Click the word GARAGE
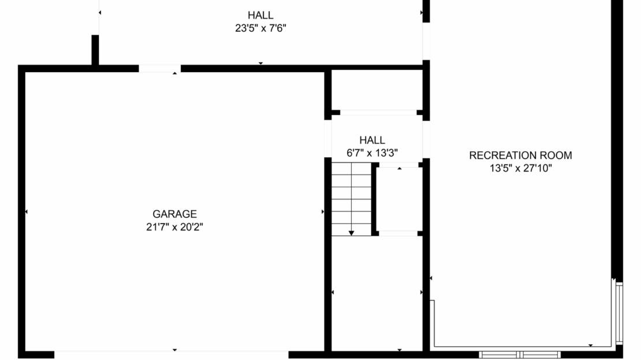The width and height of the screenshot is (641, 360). (174, 214)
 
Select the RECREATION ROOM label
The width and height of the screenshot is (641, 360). (520, 155)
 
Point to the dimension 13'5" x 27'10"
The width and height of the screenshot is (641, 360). (520, 168)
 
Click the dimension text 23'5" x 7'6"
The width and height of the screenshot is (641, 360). (260, 28)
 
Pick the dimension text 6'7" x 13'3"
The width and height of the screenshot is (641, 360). (372, 153)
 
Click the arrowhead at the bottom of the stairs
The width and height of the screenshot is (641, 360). (351, 233)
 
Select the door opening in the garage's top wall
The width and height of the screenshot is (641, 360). (159, 68)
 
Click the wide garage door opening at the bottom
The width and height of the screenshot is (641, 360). (172, 354)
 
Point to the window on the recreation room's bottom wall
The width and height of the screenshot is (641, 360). (520, 354)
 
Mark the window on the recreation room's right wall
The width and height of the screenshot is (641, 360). (619, 312)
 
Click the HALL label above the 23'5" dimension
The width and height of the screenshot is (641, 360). (260, 15)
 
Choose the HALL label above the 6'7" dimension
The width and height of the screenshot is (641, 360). (372, 140)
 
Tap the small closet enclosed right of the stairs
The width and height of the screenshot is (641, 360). (398, 199)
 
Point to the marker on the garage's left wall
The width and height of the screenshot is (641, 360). (26, 212)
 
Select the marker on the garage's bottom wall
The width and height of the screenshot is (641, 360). (175, 350)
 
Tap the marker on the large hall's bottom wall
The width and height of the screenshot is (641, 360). (260, 63)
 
